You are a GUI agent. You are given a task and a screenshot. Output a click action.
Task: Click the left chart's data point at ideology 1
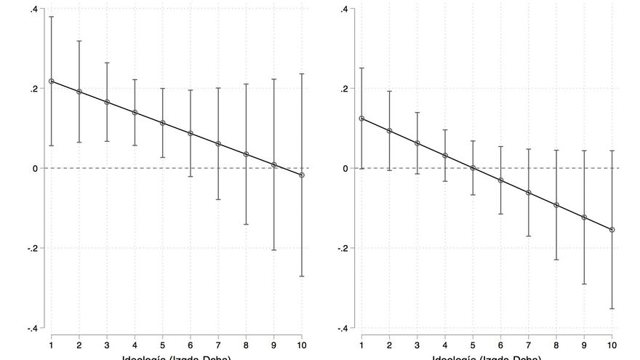pos(51,81)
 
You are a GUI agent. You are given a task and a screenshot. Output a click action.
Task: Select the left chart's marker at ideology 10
pos(302,175)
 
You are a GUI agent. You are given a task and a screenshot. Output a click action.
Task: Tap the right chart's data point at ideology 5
pos(473,168)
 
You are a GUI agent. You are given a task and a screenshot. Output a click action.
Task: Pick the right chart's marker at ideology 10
pos(612,230)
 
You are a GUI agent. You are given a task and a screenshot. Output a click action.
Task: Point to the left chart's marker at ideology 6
pos(191,133)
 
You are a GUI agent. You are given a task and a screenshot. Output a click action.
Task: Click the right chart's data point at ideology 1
pos(361,119)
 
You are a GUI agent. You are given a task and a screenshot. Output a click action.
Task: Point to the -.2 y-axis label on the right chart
pos(345,248)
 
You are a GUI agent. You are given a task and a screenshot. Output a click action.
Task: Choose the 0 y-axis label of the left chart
pos(36,168)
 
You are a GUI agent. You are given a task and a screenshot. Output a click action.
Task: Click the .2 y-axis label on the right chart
pos(347,89)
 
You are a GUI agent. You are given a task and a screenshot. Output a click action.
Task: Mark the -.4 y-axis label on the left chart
pos(33,328)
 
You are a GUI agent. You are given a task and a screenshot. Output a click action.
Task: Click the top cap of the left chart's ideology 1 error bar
pos(51,17)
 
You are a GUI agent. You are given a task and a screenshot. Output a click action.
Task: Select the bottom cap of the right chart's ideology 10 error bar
pos(612,308)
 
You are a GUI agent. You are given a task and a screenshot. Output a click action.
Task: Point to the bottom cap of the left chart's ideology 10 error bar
pos(302,276)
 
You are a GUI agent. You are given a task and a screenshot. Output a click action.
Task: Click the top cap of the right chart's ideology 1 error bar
pos(361,68)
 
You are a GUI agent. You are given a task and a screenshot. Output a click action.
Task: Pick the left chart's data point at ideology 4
pos(135,112)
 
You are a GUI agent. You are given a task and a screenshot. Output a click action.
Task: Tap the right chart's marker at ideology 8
pos(556,205)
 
